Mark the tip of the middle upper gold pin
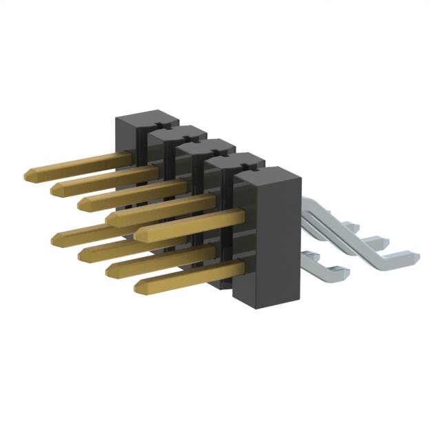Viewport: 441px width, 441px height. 83,202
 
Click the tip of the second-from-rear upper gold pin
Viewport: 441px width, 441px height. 56,187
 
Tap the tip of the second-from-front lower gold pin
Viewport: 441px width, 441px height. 110,271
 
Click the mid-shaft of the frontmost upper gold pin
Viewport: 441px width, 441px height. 193,224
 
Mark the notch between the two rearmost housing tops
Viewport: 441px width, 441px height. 158,126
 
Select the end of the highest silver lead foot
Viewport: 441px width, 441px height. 350,225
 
